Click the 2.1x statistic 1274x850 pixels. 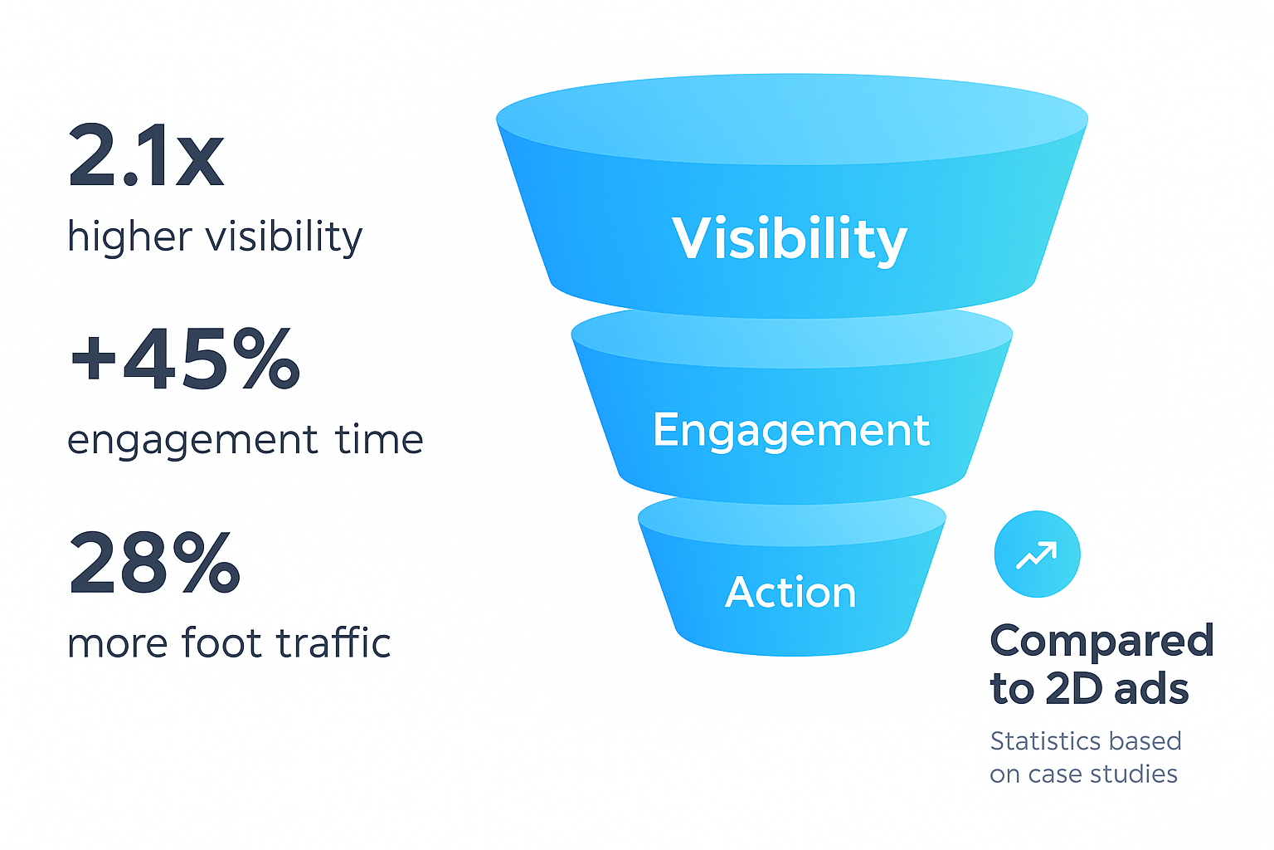click(146, 156)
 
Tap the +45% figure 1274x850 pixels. click(185, 359)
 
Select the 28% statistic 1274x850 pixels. click(155, 563)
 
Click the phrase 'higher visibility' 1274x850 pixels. click(215, 237)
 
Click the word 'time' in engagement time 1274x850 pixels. click(379, 439)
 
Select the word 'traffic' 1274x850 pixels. click(333, 643)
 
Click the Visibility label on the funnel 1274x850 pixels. click(790, 239)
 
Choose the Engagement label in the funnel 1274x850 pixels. click(791, 431)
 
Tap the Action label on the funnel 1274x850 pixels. click(790, 593)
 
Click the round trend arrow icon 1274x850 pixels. click(1037, 554)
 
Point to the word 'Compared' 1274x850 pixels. click(1102, 642)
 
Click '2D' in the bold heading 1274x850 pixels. click(1074, 689)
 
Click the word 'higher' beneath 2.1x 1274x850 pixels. click(129, 237)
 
